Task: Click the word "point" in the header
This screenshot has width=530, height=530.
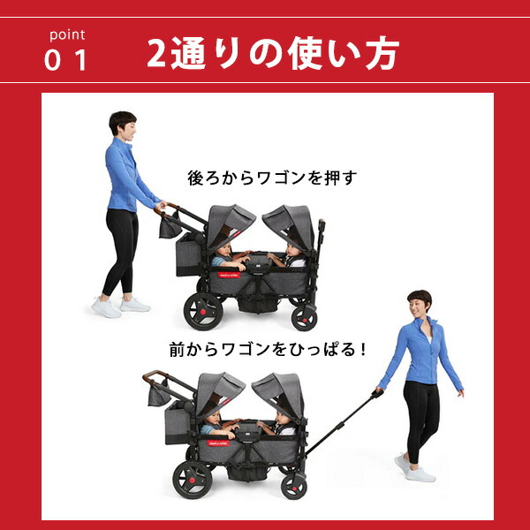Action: [67, 35]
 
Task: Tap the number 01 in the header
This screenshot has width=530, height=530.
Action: [65, 60]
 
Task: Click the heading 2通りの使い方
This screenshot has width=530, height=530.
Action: [273, 53]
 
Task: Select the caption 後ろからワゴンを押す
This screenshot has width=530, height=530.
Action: [272, 178]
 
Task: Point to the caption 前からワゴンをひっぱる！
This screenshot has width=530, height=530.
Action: [268, 349]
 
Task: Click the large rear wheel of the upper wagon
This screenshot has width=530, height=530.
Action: [203, 312]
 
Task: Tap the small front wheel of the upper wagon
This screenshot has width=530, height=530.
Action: [304, 319]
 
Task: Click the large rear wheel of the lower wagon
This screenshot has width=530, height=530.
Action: [193, 480]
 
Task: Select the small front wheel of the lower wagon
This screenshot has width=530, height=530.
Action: [294, 487]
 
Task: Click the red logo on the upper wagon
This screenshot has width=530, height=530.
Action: [229, 275]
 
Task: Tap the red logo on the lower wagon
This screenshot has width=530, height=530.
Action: [218, 443]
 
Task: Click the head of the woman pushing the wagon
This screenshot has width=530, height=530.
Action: [124, 124]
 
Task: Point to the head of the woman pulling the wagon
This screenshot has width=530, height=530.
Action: [419, 302]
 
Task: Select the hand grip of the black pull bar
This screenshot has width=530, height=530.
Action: [377, 393]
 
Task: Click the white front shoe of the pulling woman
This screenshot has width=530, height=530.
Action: [420, 475]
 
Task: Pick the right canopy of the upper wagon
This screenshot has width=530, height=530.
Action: [289, 224]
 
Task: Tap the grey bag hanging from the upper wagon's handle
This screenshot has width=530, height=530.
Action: [170, 226]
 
